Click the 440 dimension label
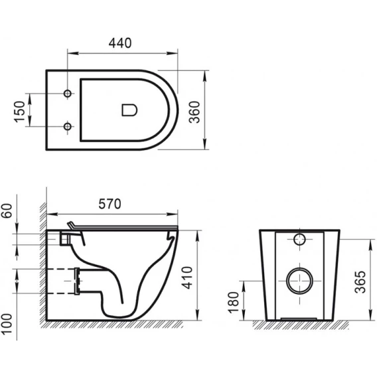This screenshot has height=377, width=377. click(x=120, y=43)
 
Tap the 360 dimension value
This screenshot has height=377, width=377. click(x=194, y=112)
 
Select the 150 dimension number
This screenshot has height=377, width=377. click(x=20, y=112)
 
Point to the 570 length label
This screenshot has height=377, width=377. click(x=110, y=204)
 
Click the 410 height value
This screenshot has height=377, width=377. click(x=187, y=277)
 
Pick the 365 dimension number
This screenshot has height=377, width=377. click(x=360, y=282)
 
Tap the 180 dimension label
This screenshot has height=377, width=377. click(x=234, y=303)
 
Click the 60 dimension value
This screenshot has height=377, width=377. click(x=7, y=211)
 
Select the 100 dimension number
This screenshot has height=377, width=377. click(x=7, y=324)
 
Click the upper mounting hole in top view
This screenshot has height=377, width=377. click(x=68, y=94)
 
